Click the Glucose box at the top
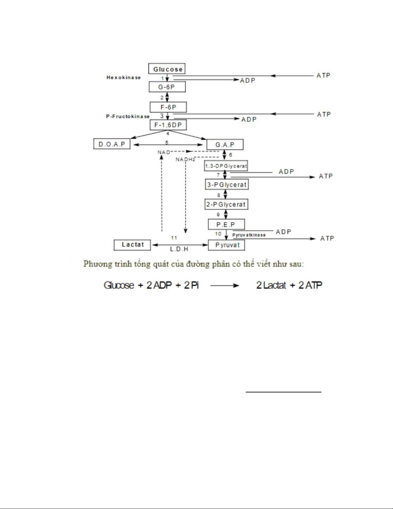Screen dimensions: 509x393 (x=167, y=69)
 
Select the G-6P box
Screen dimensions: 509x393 (x=167, y=87)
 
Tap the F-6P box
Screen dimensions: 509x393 (x=168, y=107)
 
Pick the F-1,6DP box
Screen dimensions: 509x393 (x=168, y=125)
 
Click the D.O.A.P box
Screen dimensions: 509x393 (x=112, y=144)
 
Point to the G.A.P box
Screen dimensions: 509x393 (x=225, y=145)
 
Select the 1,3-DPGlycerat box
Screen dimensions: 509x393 (x=226, y=166)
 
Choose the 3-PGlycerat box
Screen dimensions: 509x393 (x=227, y=185)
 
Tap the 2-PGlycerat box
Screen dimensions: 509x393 (x=226, y=204)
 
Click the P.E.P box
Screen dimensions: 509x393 (x=226, y=224)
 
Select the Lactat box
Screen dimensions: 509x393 (x=132, y=245)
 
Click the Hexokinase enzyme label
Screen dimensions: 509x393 (x=124, y=77)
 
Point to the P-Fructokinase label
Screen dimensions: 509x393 (x=128, y=116)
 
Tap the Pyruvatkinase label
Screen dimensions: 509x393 (x=249, y=235)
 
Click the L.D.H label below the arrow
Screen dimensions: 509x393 (x=179, y=249)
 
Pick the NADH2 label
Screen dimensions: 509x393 (x=185, y=159)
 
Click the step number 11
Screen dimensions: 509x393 (x=174, y=238)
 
